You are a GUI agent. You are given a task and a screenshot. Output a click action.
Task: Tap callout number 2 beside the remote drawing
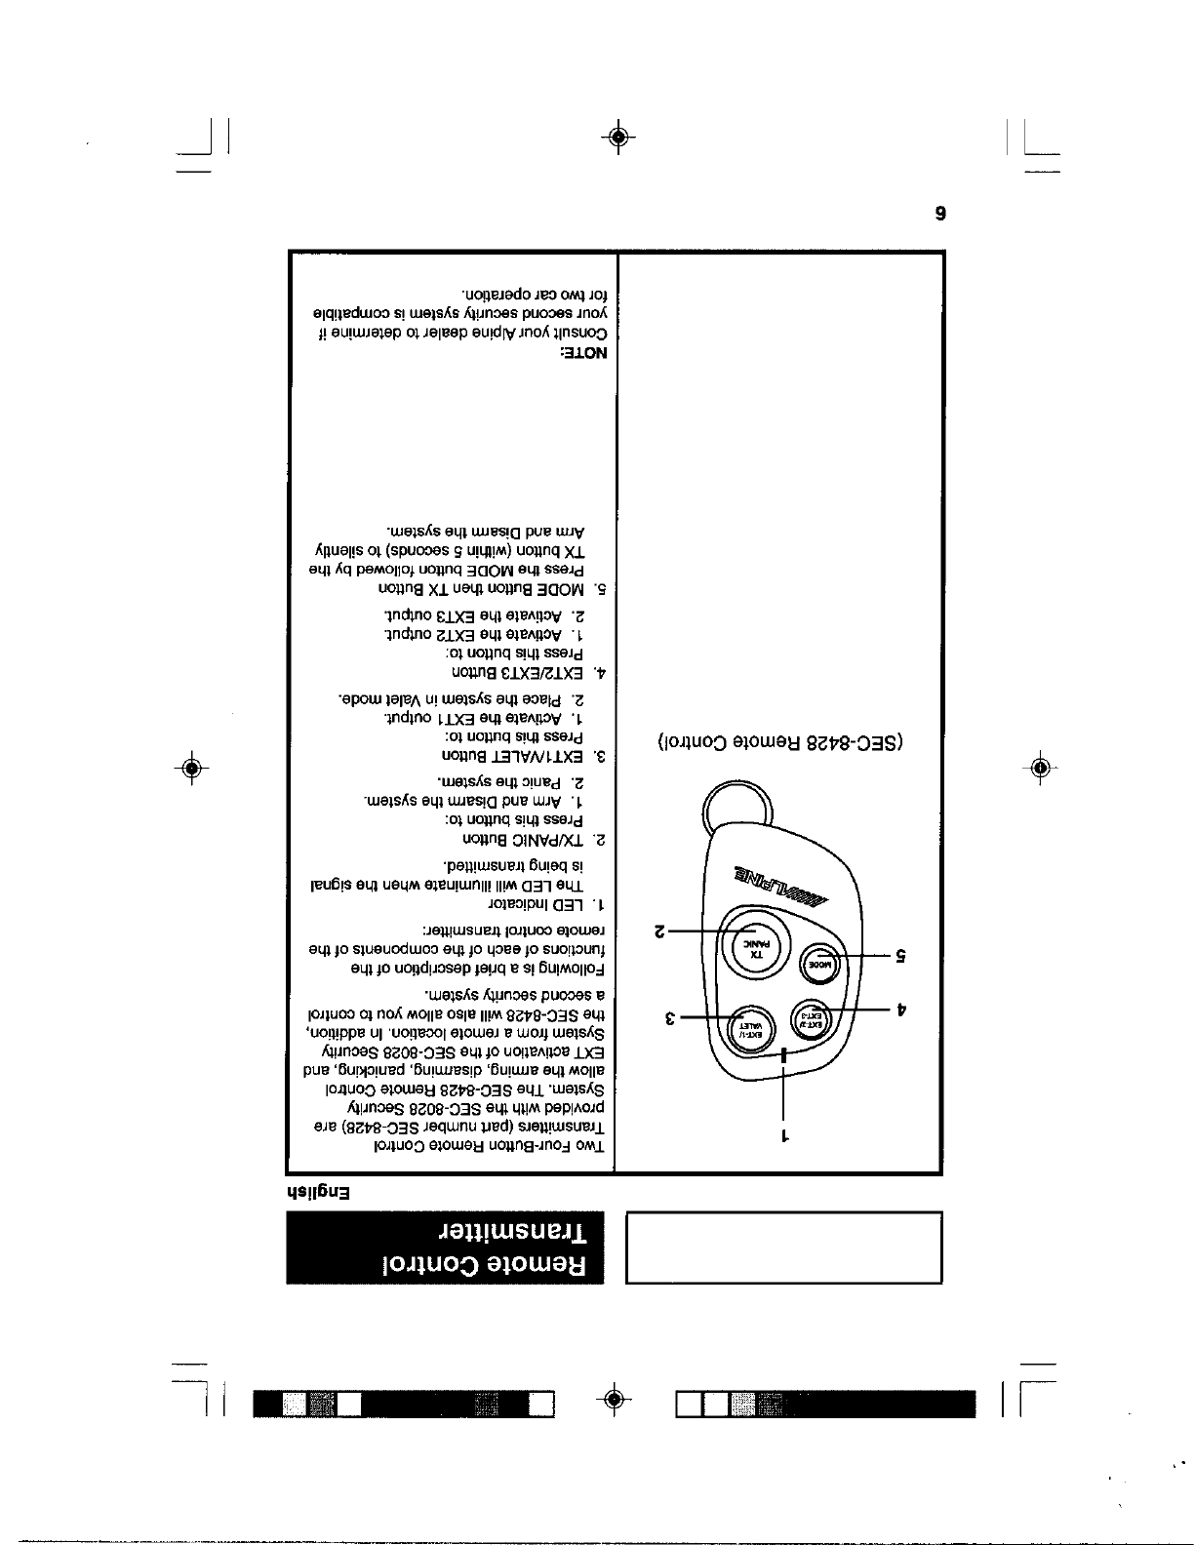pyautogui.click(x=659, y=932)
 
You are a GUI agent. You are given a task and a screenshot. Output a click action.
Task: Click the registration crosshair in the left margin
pyautogui.click(x=192, y=767)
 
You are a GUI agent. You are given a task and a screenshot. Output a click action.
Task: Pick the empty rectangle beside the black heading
pyautogui.click(x=782, y=1247)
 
